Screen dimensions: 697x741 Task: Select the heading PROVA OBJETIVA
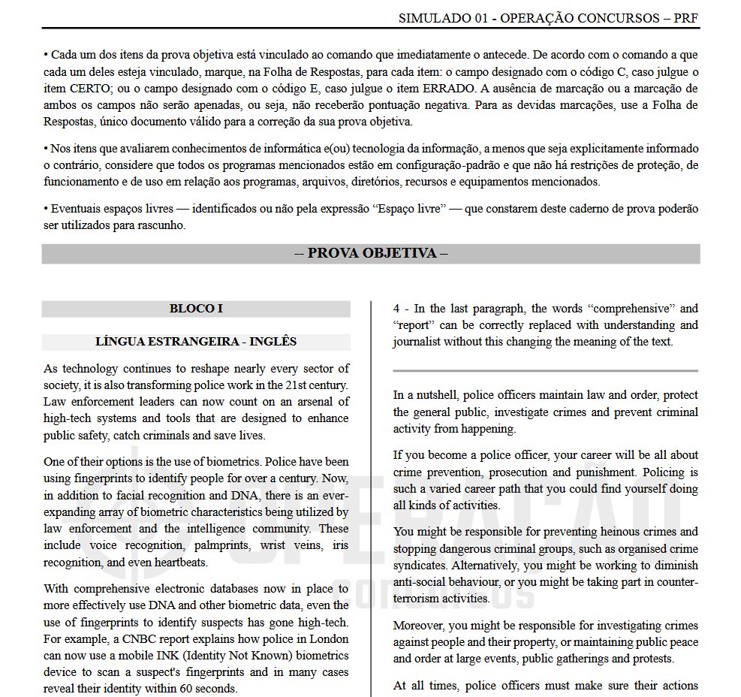pyautogui.click(x=371, y=253)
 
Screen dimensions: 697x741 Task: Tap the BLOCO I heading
pyautogui.click(x=196, y=309)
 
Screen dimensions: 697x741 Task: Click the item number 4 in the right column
pyautogui.click(x=396, y=309)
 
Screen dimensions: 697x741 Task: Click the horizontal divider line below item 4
pyautogui.click(x=545, y=370)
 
